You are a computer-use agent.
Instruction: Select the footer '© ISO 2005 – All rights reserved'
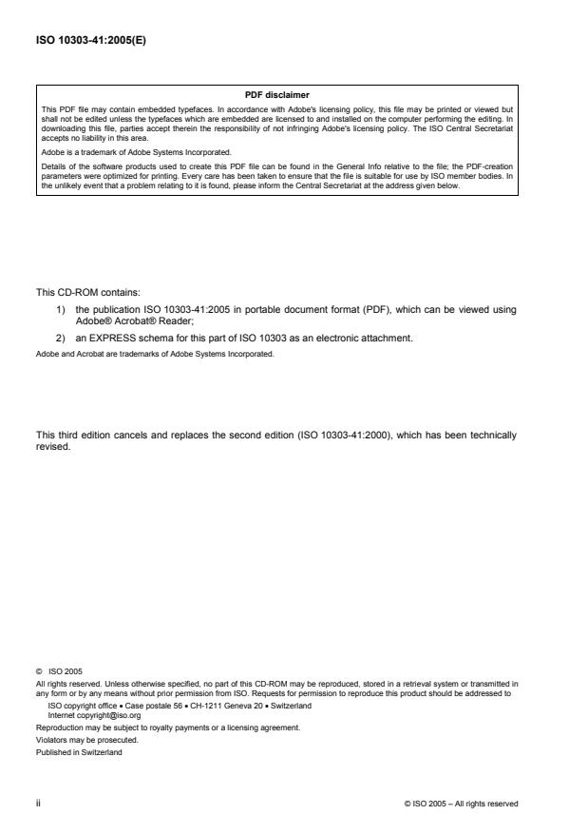click(461, 804)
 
